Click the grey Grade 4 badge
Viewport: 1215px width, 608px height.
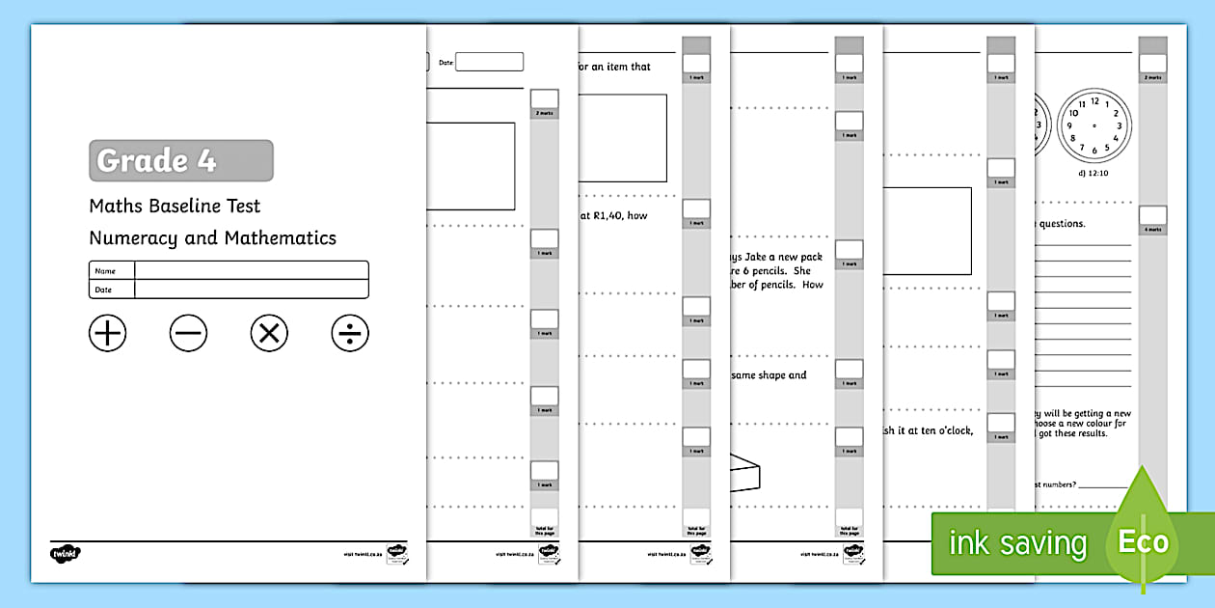[180, 160]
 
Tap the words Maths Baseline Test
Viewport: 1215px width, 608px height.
[175, 206]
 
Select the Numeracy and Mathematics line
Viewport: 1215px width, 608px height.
[212, 237]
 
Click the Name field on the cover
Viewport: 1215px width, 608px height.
[251, 270]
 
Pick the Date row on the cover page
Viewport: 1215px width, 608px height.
[251, 289]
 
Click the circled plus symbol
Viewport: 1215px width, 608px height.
[108, 333]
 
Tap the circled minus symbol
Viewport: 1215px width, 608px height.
[188, 333]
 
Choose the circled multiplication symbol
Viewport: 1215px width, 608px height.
[269, 333]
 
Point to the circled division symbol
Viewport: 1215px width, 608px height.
[350, 333]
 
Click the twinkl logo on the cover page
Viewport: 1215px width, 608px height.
[66, 554]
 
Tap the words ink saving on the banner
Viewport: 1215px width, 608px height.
[1017, 542]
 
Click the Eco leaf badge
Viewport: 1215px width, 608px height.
[1143, 540]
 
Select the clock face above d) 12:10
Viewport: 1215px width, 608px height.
[1093, 126]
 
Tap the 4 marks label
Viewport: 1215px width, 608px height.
[1152, 230]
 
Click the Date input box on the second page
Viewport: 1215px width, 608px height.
[489, 62]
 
